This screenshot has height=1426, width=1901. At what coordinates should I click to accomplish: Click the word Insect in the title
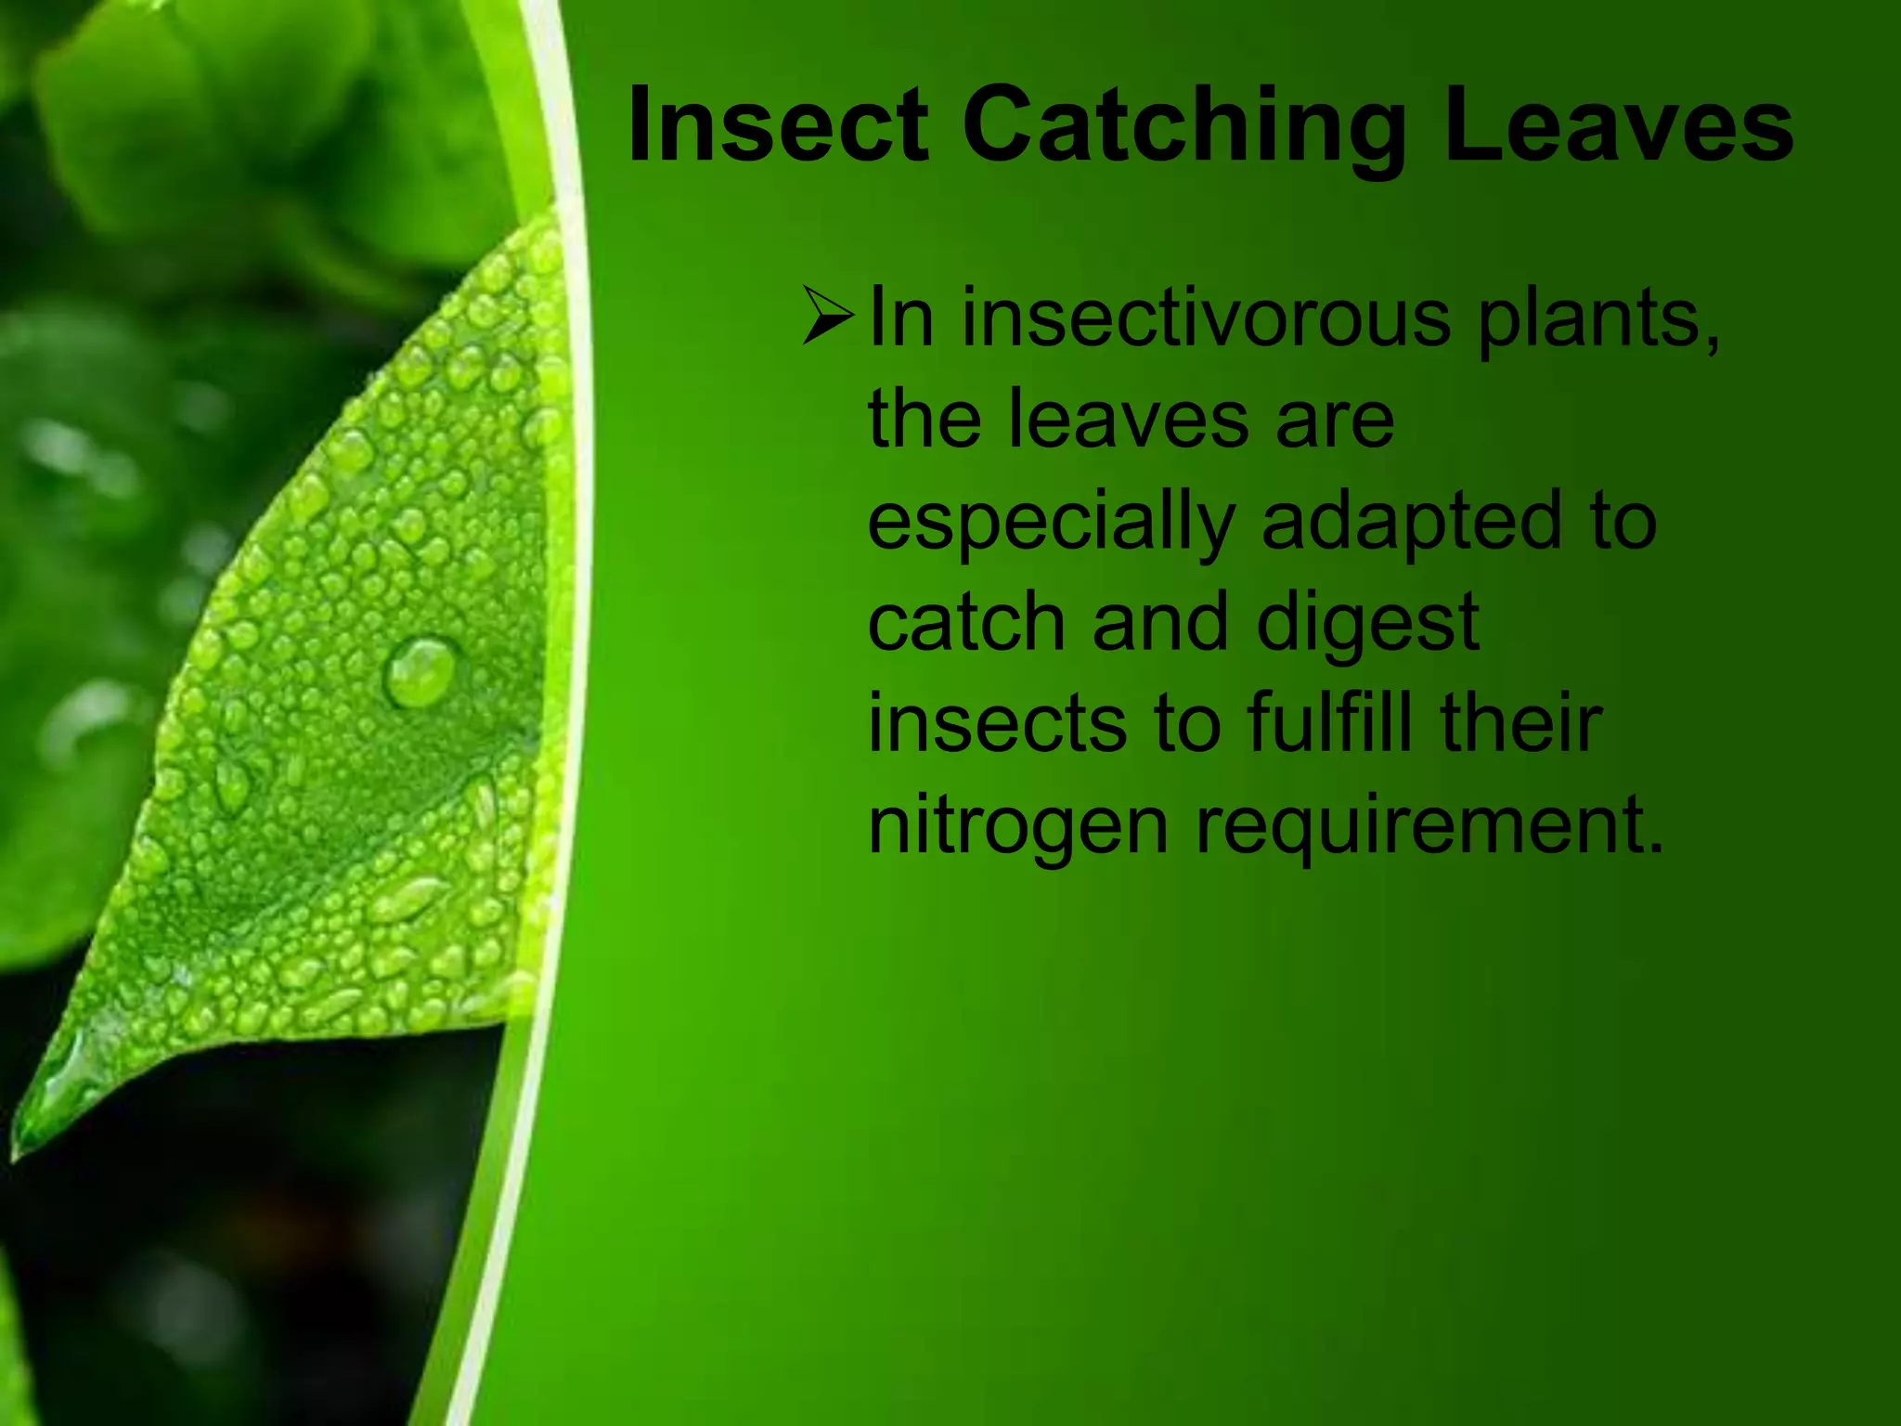tap(778, 126)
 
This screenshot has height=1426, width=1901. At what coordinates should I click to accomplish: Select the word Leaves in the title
tap(1618, 126)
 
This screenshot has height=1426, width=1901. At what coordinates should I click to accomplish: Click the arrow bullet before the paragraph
tap(827, 317)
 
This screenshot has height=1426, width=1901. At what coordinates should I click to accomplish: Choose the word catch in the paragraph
tap(966, 622)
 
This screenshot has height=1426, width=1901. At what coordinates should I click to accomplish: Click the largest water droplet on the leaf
tap(420, 670)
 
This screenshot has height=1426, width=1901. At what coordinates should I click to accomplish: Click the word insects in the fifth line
tap(998, 724)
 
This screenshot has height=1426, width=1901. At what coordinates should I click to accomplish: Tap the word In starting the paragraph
tap(900, 318)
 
